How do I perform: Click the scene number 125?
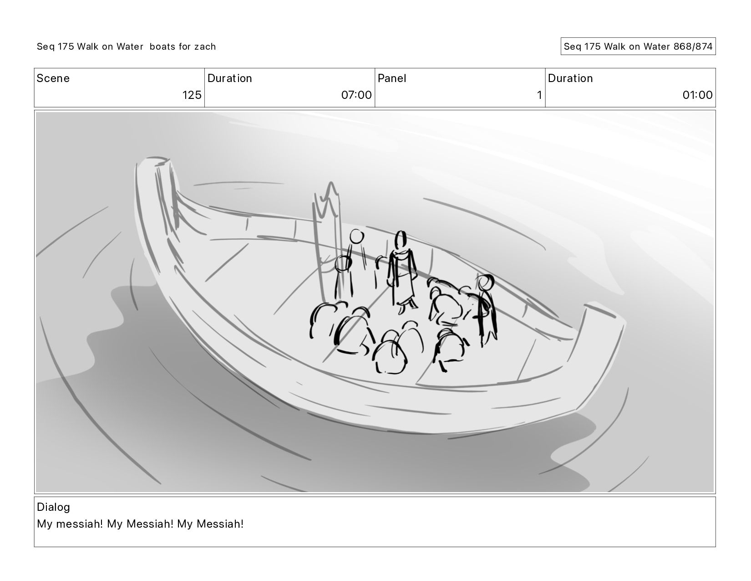[x=192, y=95]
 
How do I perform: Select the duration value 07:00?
[x=356, y=95]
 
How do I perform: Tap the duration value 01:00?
[x=697, y=95]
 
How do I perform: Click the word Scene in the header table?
[x=53, y=78]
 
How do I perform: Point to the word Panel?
[x=391, y=78]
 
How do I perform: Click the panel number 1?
[x=539, y=95]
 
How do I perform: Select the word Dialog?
[x=53, y=507]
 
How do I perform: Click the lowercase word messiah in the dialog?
[x=79, y=524]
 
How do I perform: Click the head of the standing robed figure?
[x=401, y=239]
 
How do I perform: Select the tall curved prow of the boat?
[x=156, y=201]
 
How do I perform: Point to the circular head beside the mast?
[x=357, y=237]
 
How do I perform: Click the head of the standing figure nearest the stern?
[x=486, y=283]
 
